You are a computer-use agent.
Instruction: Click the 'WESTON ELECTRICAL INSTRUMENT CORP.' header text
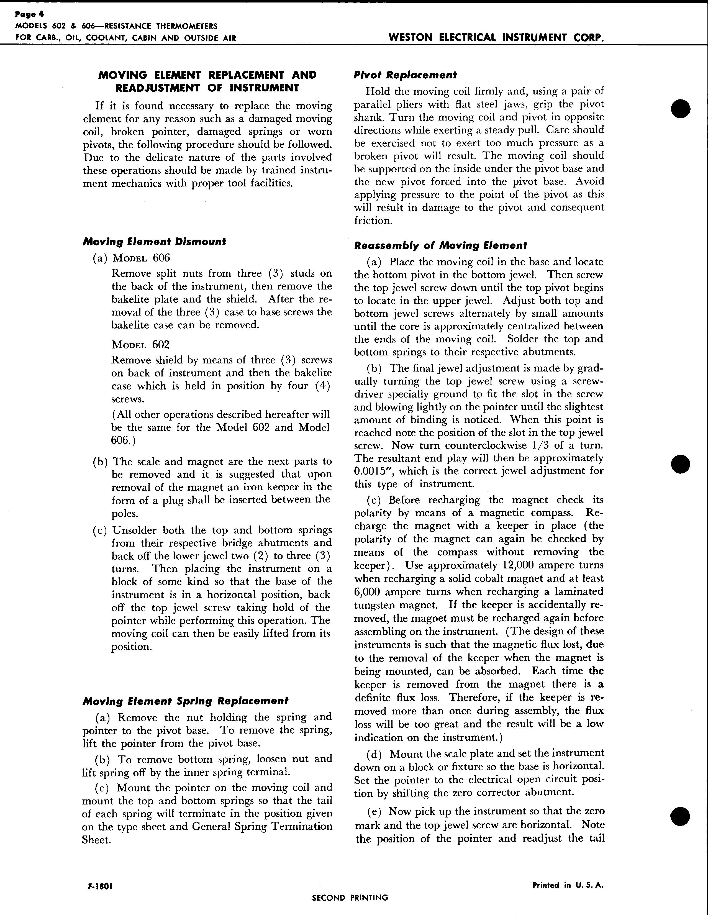pos(496,37)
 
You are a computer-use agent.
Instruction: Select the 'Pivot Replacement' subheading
pos(405,75)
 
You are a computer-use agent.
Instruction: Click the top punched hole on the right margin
pos(680,109)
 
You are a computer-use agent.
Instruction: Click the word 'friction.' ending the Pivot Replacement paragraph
pos(373,221)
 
